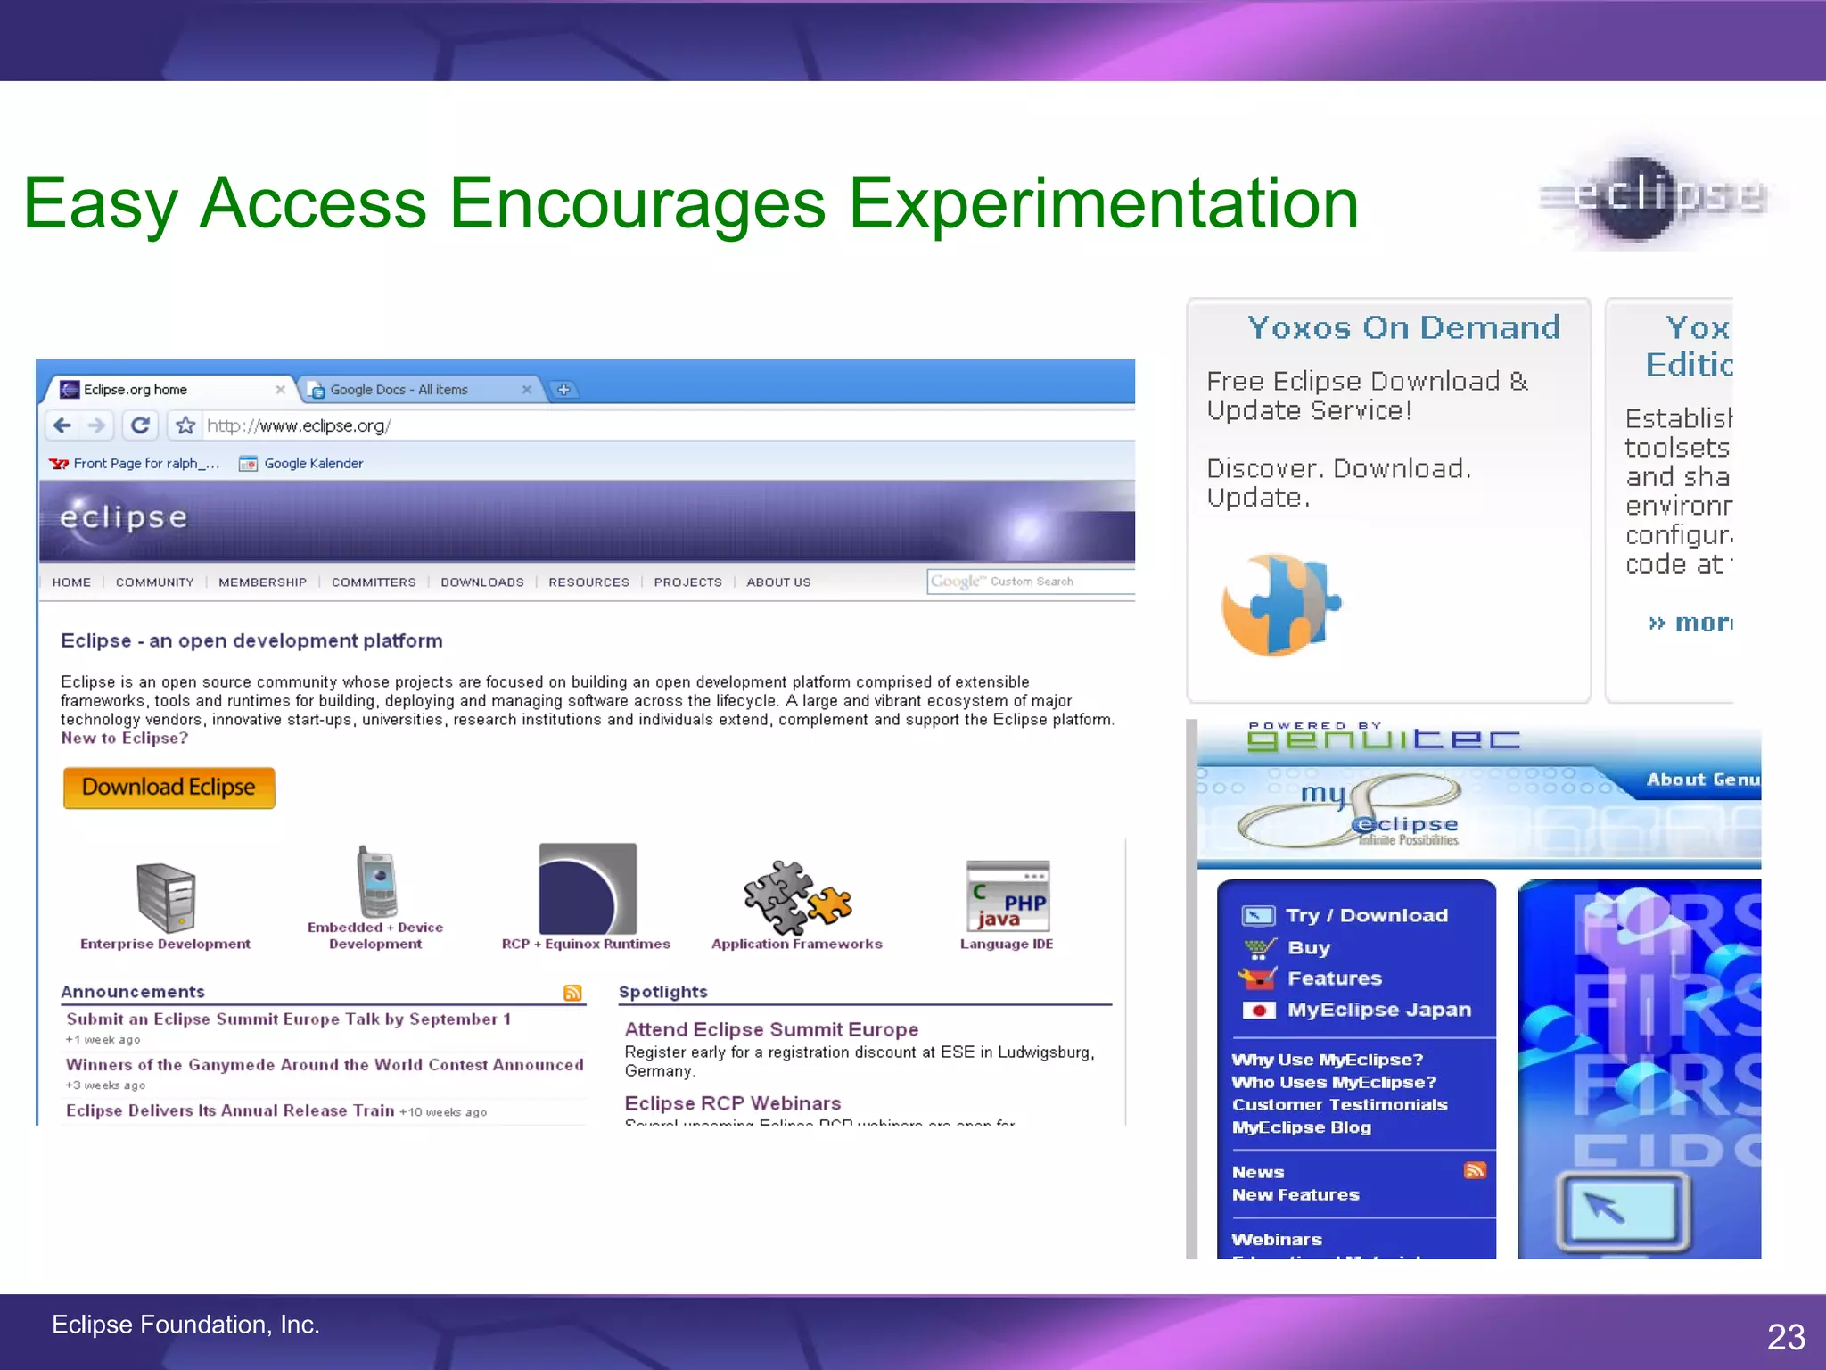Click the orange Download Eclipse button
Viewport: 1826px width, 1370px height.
[169, 788]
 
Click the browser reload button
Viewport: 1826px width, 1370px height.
[140, 425]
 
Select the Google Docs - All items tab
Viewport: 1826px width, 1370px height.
[399, 390]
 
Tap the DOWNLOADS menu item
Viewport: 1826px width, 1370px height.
[482, 582]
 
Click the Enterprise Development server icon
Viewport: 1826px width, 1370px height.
[166, 897]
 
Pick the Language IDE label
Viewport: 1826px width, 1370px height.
[1006, 944]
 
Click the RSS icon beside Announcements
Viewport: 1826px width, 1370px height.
[572, 993]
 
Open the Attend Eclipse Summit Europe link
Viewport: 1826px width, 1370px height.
[771, 1029]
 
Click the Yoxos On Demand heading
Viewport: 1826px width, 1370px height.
[1403, 327]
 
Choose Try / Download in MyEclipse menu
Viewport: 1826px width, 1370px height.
[1366, 915]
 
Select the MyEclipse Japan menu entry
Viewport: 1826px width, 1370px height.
[1378, 1010]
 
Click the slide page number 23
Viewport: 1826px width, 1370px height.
[1786, 1336]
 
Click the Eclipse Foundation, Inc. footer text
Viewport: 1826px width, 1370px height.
[185, 1325]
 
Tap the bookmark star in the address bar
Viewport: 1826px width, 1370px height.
[185, 425]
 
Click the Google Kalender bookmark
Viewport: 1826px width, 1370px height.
[313, 464]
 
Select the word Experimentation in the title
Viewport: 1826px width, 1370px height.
[1103, 203]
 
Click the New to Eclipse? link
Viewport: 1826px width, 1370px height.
[124, 739]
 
